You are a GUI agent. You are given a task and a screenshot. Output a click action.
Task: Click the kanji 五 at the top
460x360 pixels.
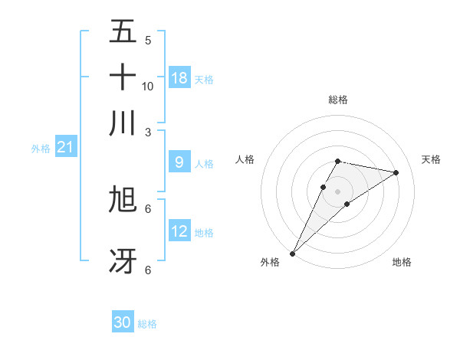[123, 32]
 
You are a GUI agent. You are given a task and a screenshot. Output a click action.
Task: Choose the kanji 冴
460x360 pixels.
[123, 260]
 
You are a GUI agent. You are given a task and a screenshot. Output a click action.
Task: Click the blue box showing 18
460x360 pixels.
[179, 78]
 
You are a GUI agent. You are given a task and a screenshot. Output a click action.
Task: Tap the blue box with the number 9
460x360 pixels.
[179, 162]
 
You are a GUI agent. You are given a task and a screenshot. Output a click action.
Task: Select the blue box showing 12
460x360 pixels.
[179, 231]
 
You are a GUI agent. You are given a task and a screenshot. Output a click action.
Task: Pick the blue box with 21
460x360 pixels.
[64, 147]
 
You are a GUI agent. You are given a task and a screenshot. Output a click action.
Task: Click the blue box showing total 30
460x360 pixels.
[123, 322]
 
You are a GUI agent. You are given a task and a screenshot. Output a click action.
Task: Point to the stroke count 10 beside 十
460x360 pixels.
[148, 87]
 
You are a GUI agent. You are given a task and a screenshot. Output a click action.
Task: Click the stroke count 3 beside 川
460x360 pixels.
[148, 132]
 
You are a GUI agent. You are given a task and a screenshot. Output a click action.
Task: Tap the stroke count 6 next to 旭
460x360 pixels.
[148, 208]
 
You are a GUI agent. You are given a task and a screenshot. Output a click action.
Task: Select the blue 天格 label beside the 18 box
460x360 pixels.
[204, 80]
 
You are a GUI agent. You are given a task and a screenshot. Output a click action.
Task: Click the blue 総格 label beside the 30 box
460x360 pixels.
[147, 324]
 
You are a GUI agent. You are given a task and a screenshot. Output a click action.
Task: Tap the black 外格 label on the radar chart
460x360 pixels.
[270, 263]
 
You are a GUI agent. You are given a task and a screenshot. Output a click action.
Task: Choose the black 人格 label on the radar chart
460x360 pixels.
[245, 159]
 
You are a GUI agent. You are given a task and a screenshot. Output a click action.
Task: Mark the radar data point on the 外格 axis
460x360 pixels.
[292, 253]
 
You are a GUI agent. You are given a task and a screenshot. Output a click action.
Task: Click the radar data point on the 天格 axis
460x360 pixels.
[396, 172]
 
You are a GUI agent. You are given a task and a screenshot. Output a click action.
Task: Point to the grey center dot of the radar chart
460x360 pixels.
[337, 191]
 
